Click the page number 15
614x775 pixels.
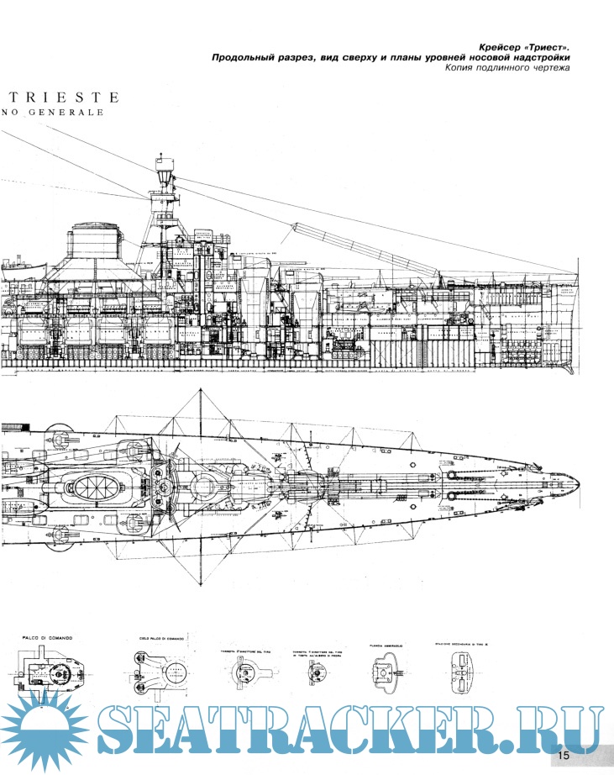[x=562, y=755]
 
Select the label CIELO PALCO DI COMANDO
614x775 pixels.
[x=160, y=638]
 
